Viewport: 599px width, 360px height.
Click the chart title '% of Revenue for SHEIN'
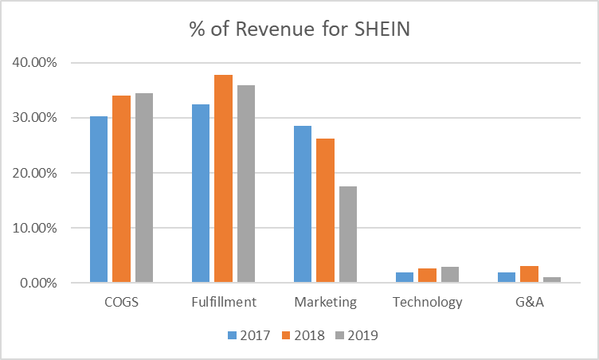pos(299,29)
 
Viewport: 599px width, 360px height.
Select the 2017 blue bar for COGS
pos(99,199)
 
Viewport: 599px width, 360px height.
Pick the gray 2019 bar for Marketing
pos(347,234)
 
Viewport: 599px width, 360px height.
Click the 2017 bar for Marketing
pos(303,204)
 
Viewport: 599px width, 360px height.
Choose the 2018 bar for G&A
pos(529,274)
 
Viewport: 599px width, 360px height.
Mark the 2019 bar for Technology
pos(449,275)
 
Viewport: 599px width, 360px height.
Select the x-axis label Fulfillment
pos(223,302)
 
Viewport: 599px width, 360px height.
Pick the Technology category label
pos(427,302)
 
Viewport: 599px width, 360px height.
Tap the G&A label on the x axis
pos(529,302)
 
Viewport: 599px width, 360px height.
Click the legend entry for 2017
pos(249,335)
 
